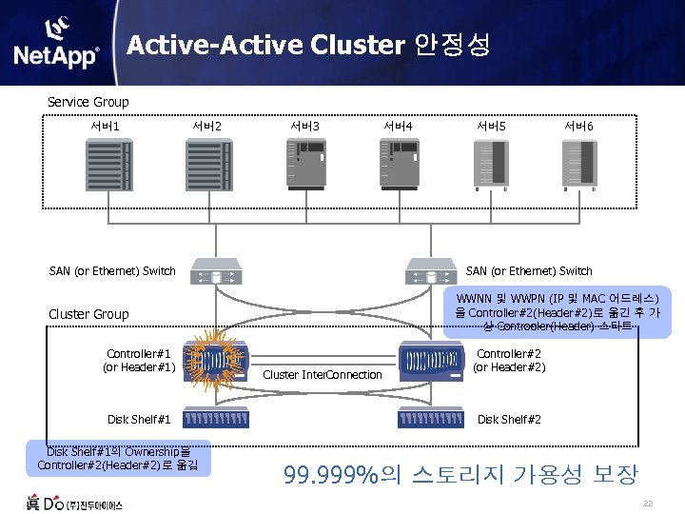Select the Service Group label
(x=88, y=102)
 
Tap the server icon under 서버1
(x=119, y=165)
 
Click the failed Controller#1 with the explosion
(x=218, y=359)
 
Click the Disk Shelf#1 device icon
(x=218, y=419)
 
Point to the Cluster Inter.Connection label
(x=322, y=374)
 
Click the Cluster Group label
(x=88, y=314)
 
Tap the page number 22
(x=648, y=503)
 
